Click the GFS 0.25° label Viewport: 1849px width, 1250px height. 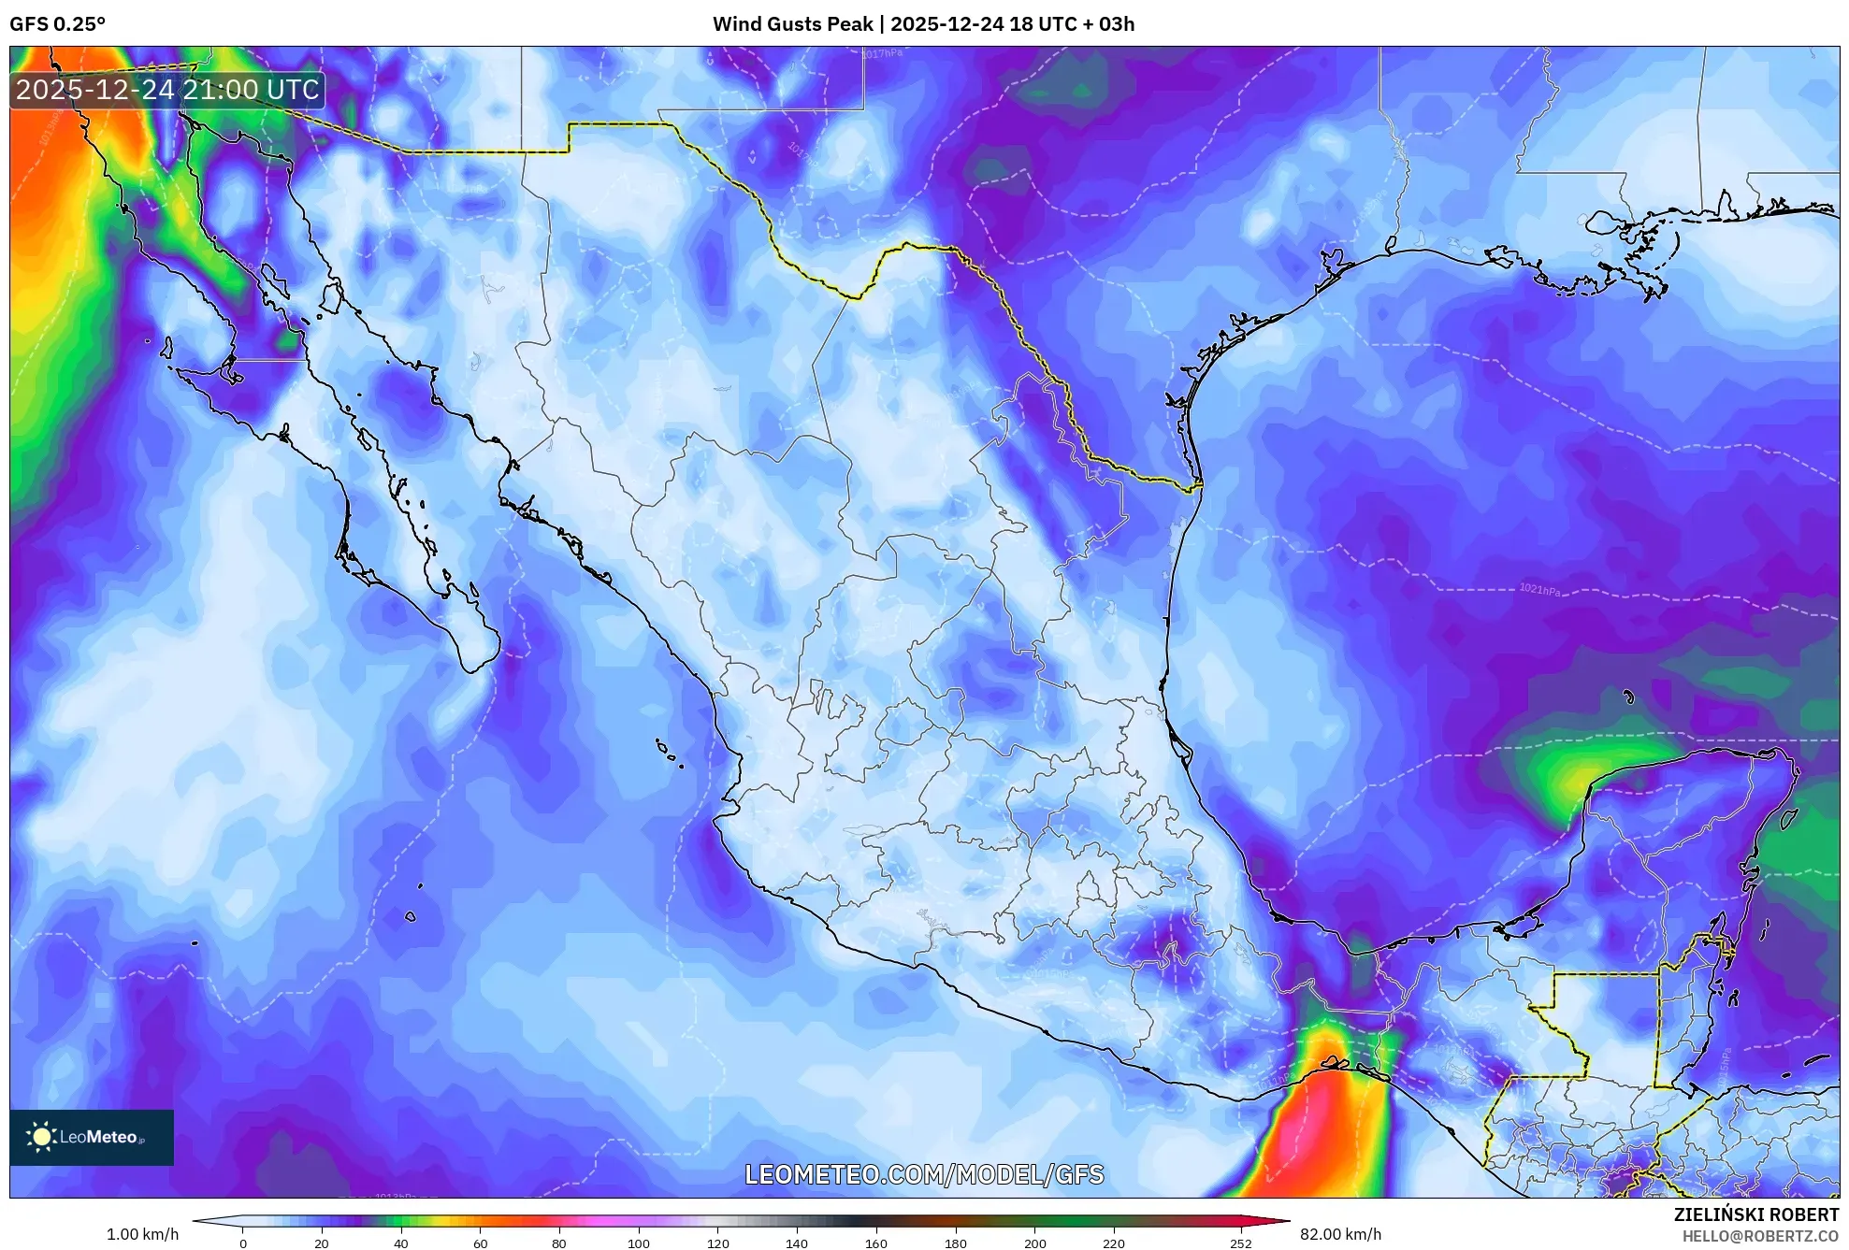(57, 24)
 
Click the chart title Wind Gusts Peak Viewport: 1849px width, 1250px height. (792, 24)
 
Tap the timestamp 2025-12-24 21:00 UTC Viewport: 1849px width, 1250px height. (167, 90)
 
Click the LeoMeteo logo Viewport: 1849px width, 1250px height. (92, 1137)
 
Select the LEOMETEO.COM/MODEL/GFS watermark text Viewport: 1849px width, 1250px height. (923, 1174)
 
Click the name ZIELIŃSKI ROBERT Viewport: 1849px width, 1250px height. (1755, 1214)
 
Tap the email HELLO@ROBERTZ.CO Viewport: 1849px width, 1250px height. (1760, 1236)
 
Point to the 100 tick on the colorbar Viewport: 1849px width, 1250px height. (639, 1243)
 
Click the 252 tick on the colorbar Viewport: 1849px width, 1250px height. (1240, 1243)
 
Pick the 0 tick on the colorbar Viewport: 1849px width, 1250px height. (243, 1243)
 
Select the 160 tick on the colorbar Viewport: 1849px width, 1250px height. (876, 1243)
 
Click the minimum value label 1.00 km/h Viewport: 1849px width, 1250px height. (142, 1234)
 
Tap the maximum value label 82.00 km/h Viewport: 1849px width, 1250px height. (1340, 1234)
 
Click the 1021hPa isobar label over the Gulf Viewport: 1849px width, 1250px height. (1538, 590)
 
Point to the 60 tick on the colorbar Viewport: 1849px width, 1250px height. (480, 1243)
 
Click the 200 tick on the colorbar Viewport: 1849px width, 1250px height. (1034, 1243)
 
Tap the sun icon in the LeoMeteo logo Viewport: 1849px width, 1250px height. (41, 1137)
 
